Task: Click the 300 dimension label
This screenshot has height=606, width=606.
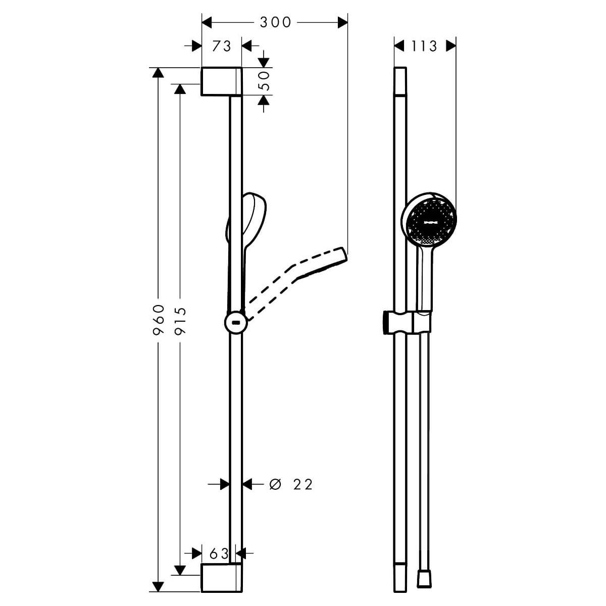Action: (x=276, y=22)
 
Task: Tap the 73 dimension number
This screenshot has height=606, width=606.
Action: (x=221, y=46)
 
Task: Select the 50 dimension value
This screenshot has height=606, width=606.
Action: (x=266, y=81)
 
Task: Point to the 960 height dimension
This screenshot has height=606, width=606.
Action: (x=159, y=320)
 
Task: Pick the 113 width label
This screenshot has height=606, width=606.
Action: (x=424, y=46)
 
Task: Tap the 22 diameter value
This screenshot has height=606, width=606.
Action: (x=303, y=485)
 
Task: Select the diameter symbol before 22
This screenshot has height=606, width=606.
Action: (x=275, y=485)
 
